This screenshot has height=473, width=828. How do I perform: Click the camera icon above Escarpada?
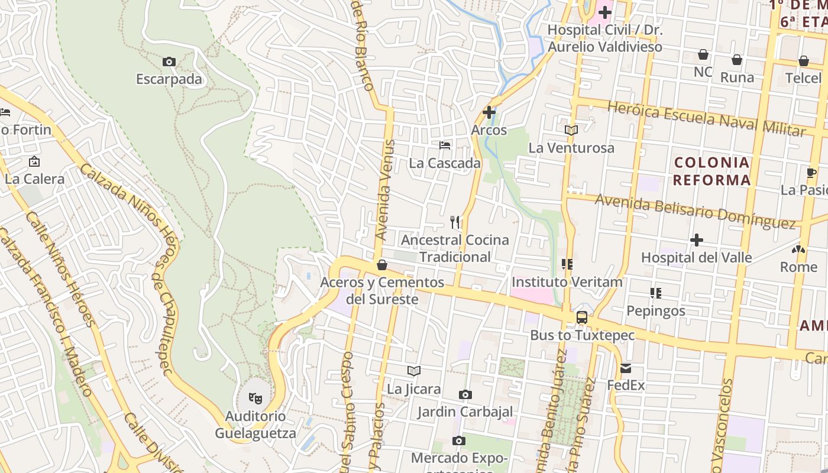tap(169, 61)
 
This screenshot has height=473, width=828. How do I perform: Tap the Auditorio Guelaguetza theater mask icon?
tap(255, 398)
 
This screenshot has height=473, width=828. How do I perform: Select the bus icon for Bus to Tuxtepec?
tap(582, 318)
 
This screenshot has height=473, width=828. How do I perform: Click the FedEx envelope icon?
tap(626, 368)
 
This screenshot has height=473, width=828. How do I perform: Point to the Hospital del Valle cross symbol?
tap(697, 240)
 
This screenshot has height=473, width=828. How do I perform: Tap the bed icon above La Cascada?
tap(445, 145)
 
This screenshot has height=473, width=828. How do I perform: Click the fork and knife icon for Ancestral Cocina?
tap(455, 222)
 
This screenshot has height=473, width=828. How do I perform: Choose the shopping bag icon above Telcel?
tap(803, 60)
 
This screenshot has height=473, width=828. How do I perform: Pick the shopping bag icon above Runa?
tap(737, 60)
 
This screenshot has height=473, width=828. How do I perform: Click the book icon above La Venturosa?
tap(571, 130)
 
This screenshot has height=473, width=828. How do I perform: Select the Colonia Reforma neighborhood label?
tap(711, 171)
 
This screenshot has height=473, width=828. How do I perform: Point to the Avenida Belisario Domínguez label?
tap(695, 211)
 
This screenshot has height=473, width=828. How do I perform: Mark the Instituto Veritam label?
tap(567, 282)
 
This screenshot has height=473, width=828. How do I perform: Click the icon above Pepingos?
tap(655, 293)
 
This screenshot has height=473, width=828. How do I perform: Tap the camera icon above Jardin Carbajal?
tap(465, 394)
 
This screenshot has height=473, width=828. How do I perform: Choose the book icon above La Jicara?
tap(414, 371)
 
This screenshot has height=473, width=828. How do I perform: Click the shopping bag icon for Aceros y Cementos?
tap(382, 265)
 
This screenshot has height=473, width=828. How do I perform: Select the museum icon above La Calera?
tap(34, 161)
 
